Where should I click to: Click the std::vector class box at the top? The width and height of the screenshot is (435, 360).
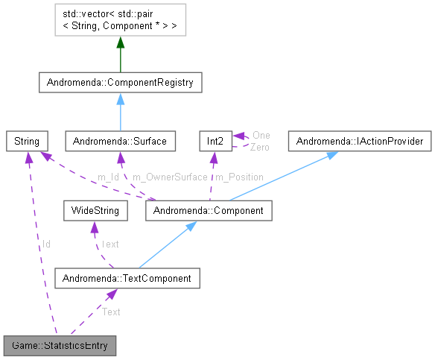click(120, 22)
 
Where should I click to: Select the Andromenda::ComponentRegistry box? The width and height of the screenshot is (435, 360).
click(120, 83)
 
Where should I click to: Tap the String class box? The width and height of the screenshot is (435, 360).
click(27, 141)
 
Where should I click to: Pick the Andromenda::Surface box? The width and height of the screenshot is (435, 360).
click(120, 141)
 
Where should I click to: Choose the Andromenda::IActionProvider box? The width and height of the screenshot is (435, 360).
click(360, 141)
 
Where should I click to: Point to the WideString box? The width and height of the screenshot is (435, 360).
click(95, 211)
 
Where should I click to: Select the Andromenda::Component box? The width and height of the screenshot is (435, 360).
click(208, 211)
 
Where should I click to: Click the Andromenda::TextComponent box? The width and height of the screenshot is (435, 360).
click(127, 280)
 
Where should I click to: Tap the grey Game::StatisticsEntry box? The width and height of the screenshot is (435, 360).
click(60, 346)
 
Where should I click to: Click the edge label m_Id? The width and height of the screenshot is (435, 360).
click(109, 177)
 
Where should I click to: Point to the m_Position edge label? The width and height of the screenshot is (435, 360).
click(238, 177)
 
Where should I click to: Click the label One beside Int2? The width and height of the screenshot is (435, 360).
click(261, 135)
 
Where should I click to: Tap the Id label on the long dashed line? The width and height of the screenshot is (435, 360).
click(45, 244)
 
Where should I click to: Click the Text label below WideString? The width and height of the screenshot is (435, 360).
click(109, 244)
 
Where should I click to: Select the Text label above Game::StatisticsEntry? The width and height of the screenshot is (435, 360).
click(111, 312)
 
